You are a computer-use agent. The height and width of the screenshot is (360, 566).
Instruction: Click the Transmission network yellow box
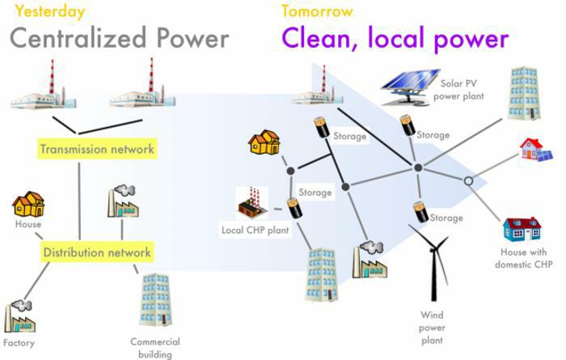click(x=97, y=149)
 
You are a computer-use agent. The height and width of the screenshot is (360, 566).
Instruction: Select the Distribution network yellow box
click(x=97, y=252)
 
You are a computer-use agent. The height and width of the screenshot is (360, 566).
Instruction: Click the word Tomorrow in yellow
click(x=317, y=11)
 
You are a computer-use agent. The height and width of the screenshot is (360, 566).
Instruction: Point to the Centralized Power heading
click(x=119, y=38)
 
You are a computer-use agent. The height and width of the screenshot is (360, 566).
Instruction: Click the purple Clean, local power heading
click(x=395, y=38)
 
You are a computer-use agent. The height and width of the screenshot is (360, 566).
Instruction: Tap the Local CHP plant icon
click(x=251, y=204)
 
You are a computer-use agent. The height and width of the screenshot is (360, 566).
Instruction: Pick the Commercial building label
click(x=155, y=347)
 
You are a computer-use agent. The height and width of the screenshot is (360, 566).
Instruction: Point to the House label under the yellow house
click(x=28, y=224)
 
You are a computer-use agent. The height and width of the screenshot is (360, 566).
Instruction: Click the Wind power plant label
click(x=433, y=327)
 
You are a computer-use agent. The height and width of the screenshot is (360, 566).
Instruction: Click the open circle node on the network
click(x=468, y=181)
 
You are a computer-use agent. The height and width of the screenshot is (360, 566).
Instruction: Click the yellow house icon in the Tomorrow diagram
click(x=266, y=142)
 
